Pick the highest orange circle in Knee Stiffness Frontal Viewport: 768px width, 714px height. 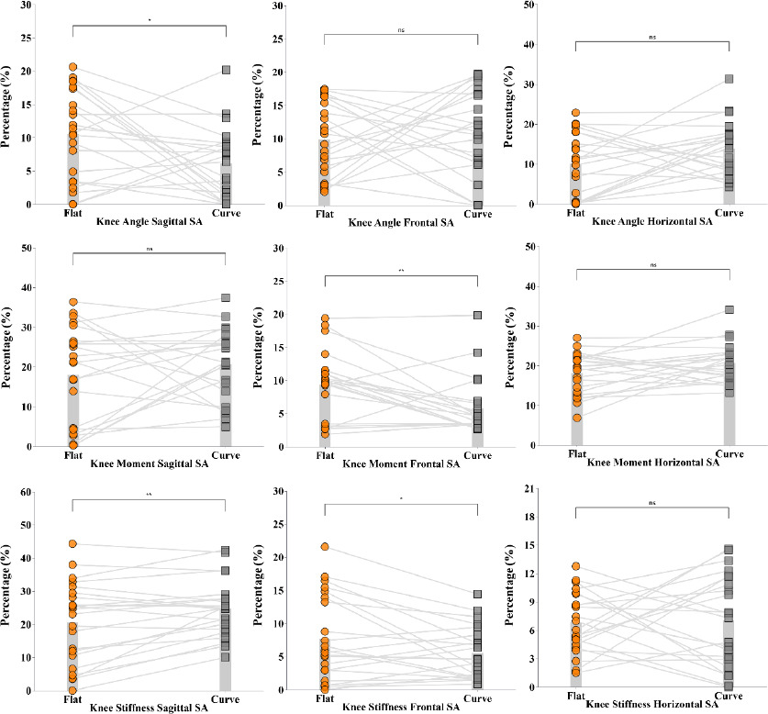324,547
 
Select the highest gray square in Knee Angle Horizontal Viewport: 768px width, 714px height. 729,80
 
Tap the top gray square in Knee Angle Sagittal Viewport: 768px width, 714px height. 226,70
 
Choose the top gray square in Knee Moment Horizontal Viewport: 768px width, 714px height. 729,310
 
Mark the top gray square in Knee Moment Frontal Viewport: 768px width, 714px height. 477,315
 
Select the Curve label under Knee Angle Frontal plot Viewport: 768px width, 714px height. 477,214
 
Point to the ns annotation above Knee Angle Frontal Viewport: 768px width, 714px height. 401,30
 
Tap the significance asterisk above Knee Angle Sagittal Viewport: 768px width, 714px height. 149,19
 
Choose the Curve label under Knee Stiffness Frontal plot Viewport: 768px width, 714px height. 477,698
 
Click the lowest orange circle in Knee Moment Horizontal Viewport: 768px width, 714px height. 576,418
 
